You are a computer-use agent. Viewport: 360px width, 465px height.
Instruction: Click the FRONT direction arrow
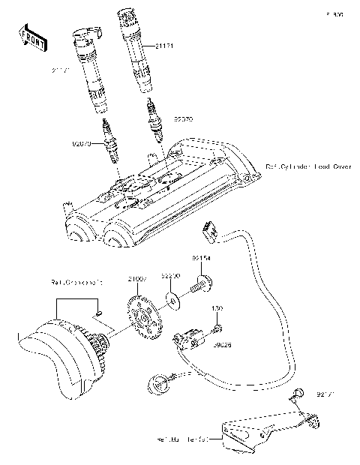[x=28, y=37]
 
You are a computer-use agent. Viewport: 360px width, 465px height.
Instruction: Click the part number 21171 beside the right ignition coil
[x=168, y=47]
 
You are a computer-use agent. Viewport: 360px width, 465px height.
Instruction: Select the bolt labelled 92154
[x=200, y=284]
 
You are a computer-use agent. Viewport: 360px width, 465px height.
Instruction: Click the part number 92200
[x=172, y=277]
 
